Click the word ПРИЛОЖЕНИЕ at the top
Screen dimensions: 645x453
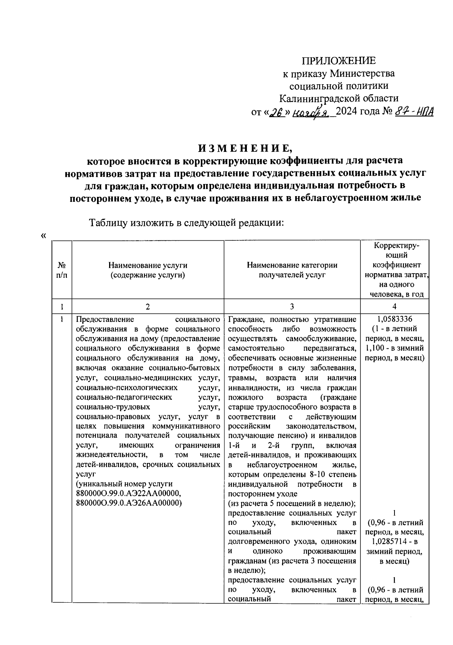pyautogui.click(x=339, y=61)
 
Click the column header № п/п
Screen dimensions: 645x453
pyautogui.click(x=62, y=270)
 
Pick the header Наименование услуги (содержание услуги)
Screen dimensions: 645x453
pyautogui.click(x=148, y=270)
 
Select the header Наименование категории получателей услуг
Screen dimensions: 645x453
pyautogui.click(x=292, y=270)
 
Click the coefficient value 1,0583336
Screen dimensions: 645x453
pyautogui.click(x=394, y=319)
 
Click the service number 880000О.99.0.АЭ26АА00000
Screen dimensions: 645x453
pyautogui.click(x=129, y=503)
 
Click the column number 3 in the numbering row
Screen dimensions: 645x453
pyautogui.click(x=292, y=306)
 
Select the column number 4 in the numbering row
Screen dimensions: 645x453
pyautogui.click(x=394, y=306)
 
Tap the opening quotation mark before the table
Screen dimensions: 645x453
pyautogui.click(x=43, y=236)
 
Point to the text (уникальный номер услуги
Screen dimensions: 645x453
pyautogui.click(x=124, y=484)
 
